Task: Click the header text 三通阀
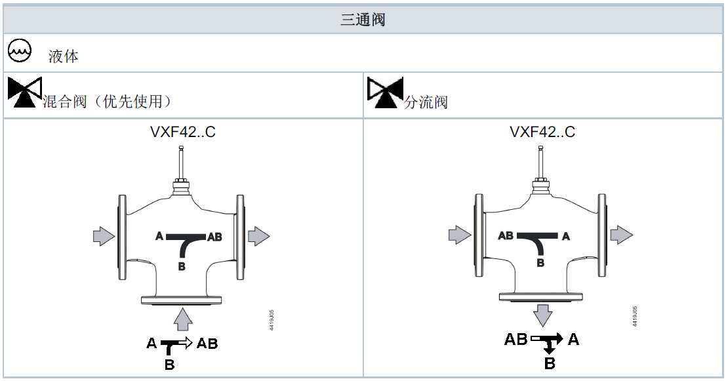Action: click(363, 20)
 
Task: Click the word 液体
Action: click(63, 56)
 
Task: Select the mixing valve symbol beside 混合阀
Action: click(25, 92)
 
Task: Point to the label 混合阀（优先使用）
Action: click(108, 102)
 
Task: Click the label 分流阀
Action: click(426, 102)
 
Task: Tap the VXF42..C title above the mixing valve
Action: click(182, 132)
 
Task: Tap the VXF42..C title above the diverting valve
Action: click(542, 132)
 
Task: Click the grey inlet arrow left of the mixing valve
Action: click(103, 236)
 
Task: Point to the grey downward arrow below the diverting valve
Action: click(542, 315)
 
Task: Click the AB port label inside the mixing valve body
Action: click(214, 237)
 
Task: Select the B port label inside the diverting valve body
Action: click(540, 262)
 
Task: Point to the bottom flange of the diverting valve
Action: click(541, 296)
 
